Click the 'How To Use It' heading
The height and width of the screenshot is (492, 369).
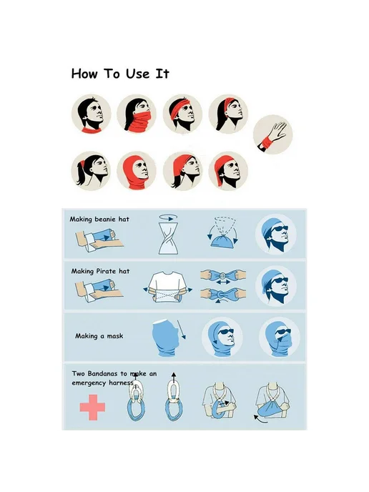coord(120,74)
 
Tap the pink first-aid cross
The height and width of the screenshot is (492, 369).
coord(92,408)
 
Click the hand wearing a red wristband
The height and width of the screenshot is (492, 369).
coord(272,135)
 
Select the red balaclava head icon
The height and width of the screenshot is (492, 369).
coord(137,171)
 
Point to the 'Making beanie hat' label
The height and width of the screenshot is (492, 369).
coord(99,219)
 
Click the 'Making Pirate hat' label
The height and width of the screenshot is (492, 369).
coord(100,271)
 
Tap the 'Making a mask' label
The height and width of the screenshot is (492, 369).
coord(99,336)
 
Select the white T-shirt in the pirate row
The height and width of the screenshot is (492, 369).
coord(168,287)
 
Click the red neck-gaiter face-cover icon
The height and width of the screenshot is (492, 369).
coord(137,114)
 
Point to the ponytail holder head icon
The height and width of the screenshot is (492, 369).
coord(91,171)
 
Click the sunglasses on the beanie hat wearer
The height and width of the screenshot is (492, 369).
coord(280,228)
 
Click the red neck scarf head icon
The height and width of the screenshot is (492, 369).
coord(91,114)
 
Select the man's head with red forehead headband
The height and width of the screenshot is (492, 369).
coord(182,114)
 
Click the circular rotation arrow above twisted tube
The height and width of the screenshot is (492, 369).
coord(168,217)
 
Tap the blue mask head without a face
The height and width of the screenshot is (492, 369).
coord(165,338)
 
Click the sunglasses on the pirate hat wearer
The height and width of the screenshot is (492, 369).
coord(280,280)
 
